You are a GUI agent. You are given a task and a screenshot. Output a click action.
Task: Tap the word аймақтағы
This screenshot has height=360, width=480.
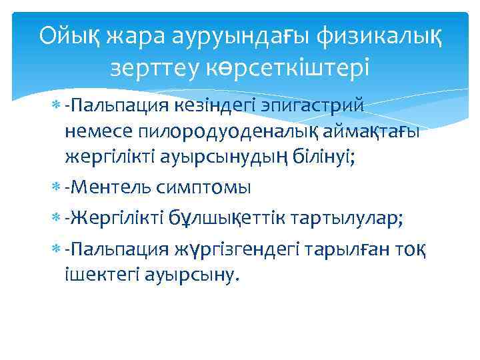369,133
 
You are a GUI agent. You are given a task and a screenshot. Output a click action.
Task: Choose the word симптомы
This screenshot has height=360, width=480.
203,189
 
